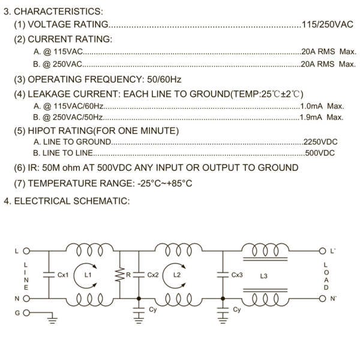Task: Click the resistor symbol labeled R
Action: click(119, 275)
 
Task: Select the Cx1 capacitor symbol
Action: click(49, 275)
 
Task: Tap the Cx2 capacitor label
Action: click(153, 275)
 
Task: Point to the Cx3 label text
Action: click(237, 275)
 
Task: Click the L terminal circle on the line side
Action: click(26, 251)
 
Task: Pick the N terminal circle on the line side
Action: click(26, 298)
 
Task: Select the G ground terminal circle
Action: click(26, 313)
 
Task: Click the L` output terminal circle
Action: click(322, 251)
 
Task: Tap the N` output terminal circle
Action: click(322, 298)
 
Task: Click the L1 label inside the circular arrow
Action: click(88, 275)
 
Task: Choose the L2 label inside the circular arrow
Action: click(177, 275)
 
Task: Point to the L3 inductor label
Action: click(263, 276)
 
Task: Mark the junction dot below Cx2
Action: click(139, 298)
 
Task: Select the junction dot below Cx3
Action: click(223, 298)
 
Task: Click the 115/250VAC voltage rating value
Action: click(328, 25)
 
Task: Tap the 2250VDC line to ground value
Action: click(320, 142)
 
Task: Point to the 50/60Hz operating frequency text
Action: click(164, 79)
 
